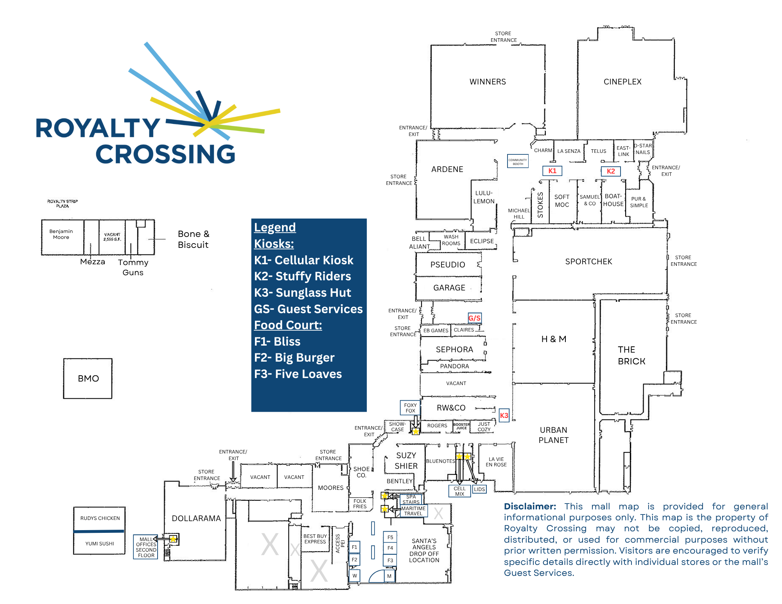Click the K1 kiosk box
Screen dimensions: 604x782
coord(552,171)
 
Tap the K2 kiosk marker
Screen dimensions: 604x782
coord(611,171)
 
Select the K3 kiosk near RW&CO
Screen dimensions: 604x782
coord(504,416)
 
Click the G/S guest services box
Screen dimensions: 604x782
coord(475,318)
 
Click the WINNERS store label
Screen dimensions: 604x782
coord(488,82)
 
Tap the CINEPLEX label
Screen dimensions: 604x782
coord(622,82)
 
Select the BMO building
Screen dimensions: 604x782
coord(88,378)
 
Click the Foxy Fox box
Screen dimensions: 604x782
coord(410,408)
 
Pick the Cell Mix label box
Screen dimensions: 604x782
coord(459,491)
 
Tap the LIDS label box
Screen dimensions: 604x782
coord(479,489)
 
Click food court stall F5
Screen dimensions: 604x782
coord(390,537)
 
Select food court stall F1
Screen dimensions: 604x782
coord(354,547)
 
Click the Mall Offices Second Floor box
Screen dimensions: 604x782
coord(146,547)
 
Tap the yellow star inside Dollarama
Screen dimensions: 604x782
coord(173,539)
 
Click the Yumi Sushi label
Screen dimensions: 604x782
coord(100,544)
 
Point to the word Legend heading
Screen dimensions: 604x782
coord(275,228)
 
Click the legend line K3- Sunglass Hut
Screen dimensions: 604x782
coord(303,293)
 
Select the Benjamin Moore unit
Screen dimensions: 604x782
coord(61,235)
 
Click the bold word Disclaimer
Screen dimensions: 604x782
coord(530,507)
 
